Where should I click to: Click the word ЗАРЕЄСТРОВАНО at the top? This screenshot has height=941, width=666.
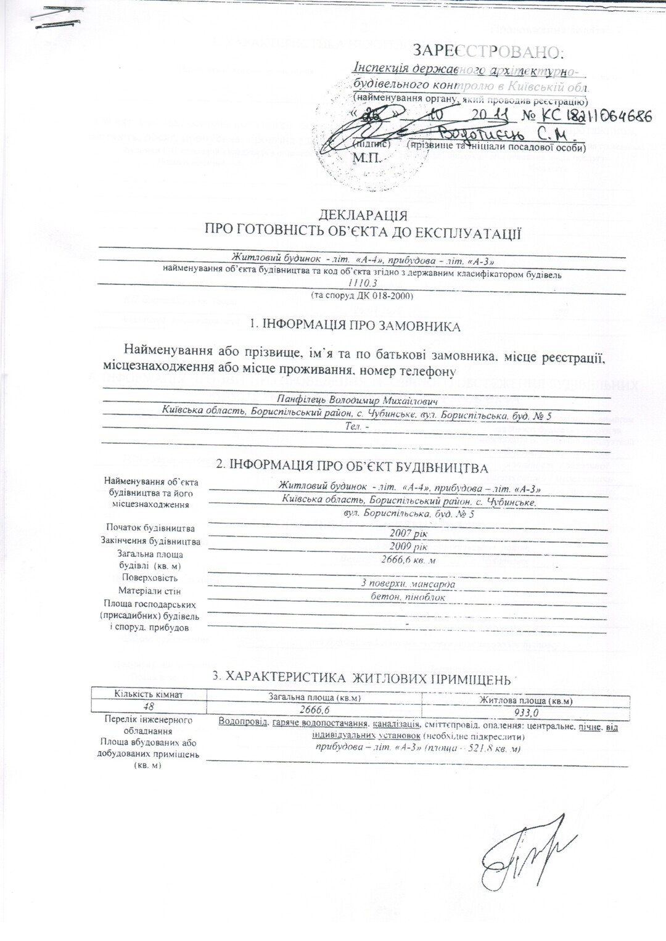[x=488, y=51]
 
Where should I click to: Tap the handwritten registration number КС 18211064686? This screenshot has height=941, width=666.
[x=586, y=115]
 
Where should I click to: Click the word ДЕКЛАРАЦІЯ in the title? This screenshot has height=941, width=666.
[x=363, y=215]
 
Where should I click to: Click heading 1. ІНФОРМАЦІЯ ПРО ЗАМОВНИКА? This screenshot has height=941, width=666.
[x=355, y=326]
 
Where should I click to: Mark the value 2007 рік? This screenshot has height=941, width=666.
[x=408, y=533]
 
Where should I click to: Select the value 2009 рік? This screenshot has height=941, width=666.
[x=408, y=546]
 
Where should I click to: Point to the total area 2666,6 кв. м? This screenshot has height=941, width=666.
[x=409, y=560]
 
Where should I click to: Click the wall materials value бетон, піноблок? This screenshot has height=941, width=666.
[x=408, y=597]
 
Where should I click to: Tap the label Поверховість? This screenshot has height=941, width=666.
[x=150, y=578]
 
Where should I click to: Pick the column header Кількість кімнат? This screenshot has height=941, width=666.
[x=149, y=694]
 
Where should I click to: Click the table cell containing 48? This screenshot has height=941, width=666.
[x=149, y=707]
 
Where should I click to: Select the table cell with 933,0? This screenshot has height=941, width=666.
[x=527, y=712]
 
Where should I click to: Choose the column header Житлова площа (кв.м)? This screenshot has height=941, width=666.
[x=527, y=701]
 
